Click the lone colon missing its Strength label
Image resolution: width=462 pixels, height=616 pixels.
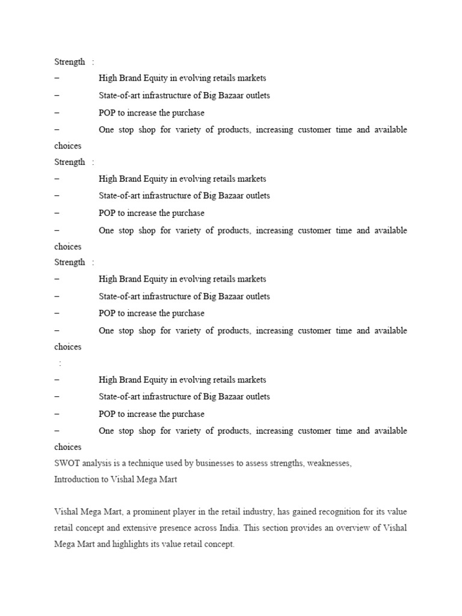(60, 363)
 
